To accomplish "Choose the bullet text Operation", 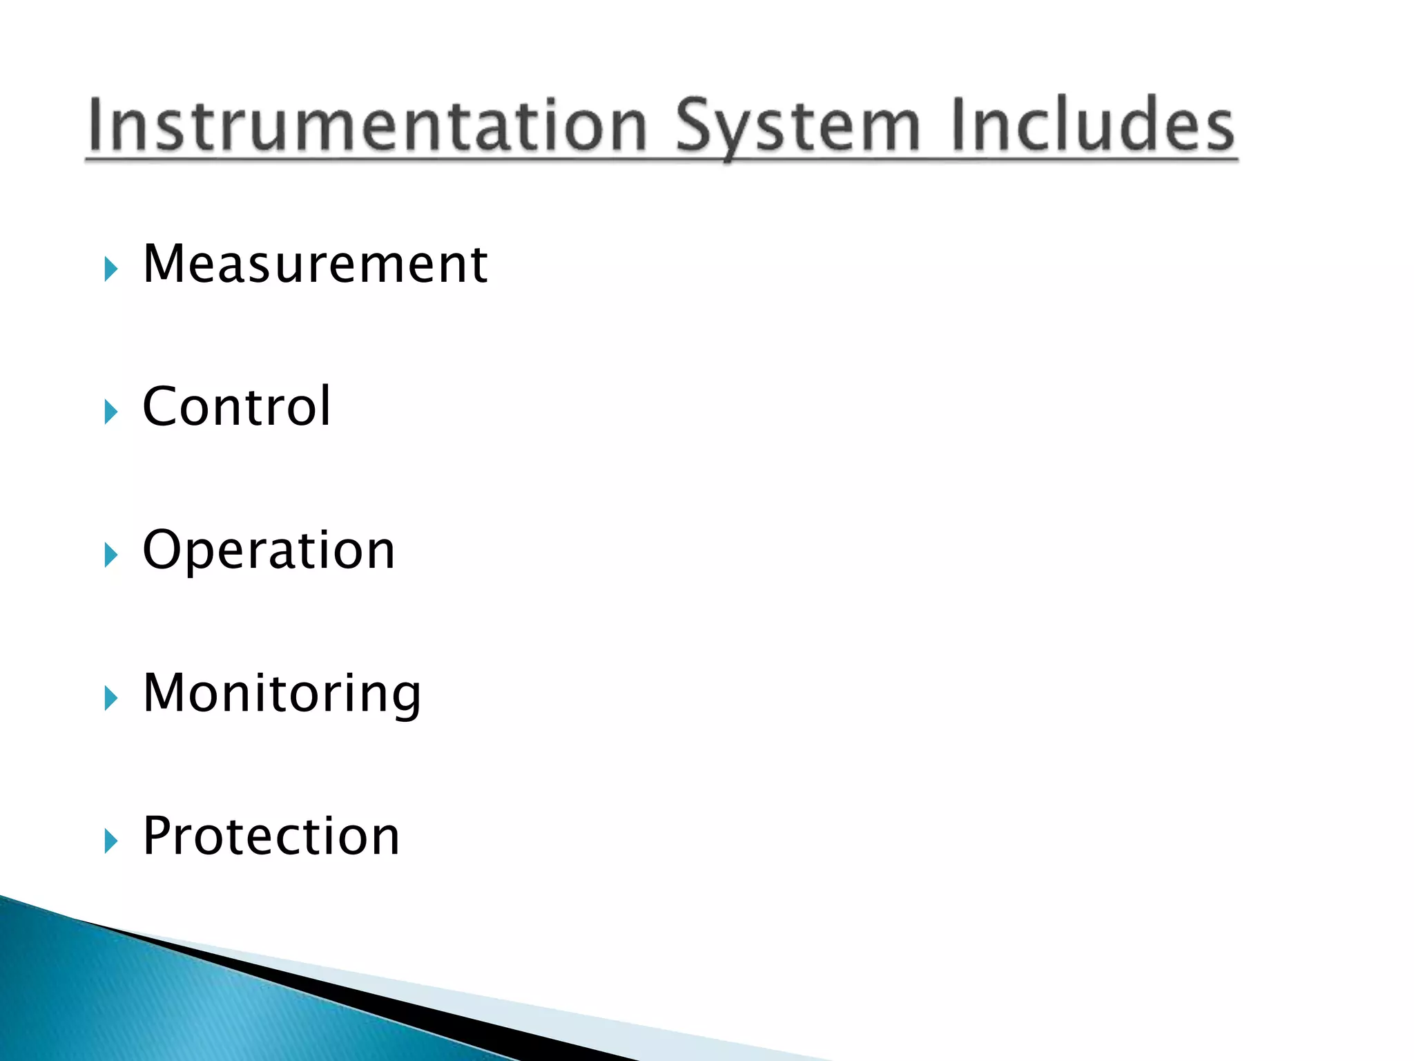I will coord(269,550).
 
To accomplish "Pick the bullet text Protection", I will coord(271,836).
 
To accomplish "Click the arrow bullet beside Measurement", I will coord(110,269).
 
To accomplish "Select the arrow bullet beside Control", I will coord(110,412).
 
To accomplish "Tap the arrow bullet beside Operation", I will coord(110,555).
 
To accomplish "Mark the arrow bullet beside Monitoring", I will coord(110,698).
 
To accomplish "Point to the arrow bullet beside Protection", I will coord(110,841).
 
